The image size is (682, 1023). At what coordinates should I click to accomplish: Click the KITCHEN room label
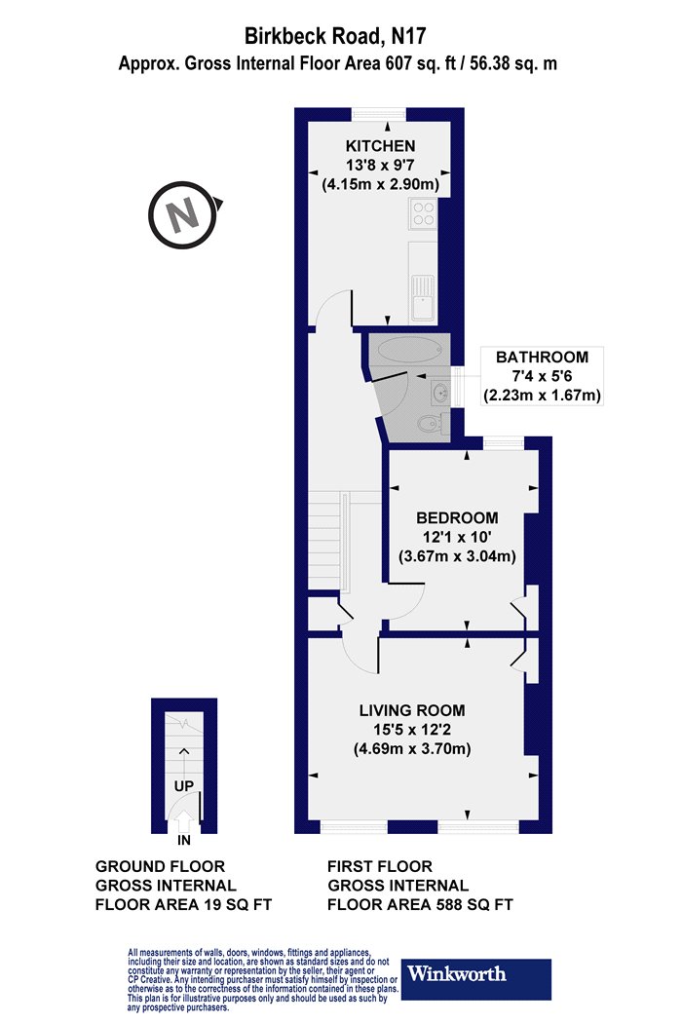click(x=381, y=145)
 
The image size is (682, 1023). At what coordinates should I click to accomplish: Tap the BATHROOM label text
click(x=542, y=357)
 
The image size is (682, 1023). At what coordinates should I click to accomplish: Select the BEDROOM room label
click(x=457, y=518)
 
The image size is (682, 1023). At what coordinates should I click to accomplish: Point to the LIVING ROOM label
click(x=412, y=710)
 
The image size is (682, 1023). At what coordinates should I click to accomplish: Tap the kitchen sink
click(x=424, y=298)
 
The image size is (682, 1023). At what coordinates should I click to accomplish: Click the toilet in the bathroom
click(x=431, y=425)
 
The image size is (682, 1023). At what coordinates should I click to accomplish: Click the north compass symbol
click(x=185, y=214)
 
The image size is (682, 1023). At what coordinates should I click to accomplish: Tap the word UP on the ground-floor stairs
click(x=184, y=785)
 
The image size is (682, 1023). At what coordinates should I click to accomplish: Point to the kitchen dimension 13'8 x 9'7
click(x=381, y=165)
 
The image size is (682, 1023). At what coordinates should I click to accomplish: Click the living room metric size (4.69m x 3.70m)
click(x=412, y=748)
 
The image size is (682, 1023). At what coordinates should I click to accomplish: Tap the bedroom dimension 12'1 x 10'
click(x=457, y=537)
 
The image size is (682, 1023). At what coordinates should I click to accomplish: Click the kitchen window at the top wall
click(x=379, y=115)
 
